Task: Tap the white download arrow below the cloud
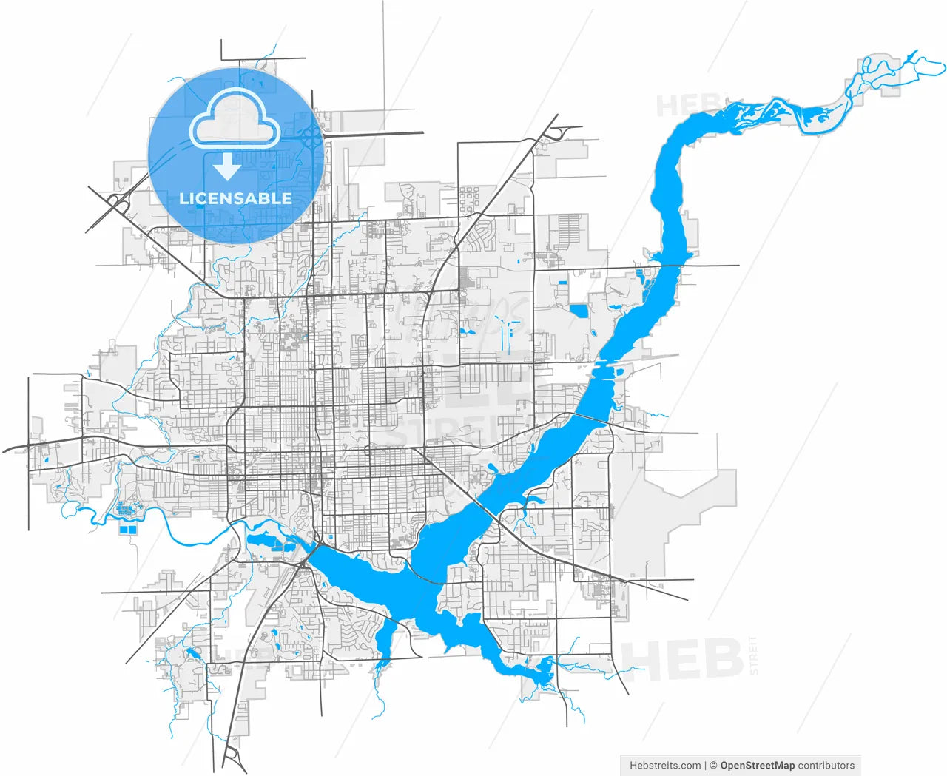click(226, 167)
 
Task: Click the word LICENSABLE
click(235, 198)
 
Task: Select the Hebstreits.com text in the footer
click(665, 766)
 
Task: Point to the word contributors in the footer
click(826, 766)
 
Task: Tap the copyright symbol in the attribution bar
click(713, 766)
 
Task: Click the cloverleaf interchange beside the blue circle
click(311, 135)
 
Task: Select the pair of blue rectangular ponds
click(128, 530)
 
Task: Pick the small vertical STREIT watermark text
click(754, 655)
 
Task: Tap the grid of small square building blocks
click(469, 200)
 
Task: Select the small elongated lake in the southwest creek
click(194, 652)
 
